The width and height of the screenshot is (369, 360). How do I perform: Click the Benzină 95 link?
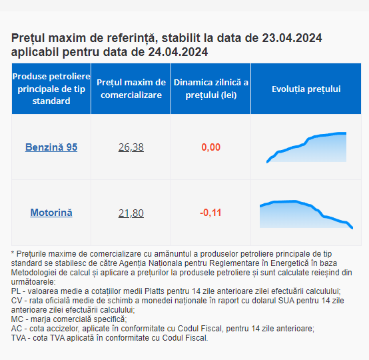click(x=51, y=147)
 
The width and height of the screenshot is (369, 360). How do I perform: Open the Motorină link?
click(x=51, y=213)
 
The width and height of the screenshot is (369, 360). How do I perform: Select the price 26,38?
click(x=131, y=147)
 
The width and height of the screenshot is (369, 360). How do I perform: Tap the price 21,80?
click(x=131, y=213)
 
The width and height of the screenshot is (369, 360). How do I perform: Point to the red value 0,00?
click(x=211, y=147)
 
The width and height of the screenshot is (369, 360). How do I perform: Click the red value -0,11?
click(x=210, y=213)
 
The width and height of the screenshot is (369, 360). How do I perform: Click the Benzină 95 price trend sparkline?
click(x=306, y=147)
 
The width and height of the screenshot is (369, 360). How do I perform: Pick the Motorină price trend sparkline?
click(x=306, y=215)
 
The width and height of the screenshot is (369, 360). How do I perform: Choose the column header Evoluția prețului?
click(x=306, y=89)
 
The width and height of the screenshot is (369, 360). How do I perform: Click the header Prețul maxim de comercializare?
click(x=131, y=89)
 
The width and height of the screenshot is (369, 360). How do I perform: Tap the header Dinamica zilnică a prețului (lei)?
click(x=211, y=89)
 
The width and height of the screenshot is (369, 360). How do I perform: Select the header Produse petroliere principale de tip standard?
click(x=51, y=89)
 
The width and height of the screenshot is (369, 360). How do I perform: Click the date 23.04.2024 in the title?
click(x=292, y=38)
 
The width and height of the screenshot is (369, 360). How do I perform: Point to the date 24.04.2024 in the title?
click(x=178, y=52)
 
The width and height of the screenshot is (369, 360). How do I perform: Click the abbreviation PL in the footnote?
click(x=16, y=291)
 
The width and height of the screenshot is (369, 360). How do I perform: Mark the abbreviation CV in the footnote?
click(x=16, y=301)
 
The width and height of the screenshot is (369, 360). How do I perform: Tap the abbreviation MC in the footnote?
click(x=17, y=319)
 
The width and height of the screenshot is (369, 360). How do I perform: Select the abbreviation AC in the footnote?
click(x=16, y=329)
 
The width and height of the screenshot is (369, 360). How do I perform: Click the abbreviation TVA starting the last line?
click(x=19, y=338)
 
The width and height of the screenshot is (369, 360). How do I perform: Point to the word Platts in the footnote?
click(x=154, y=291)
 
